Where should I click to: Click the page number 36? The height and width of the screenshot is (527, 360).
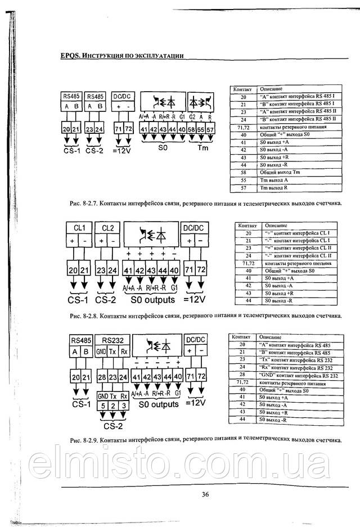click(205, 494)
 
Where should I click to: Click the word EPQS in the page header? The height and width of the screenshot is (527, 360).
click(70, 56)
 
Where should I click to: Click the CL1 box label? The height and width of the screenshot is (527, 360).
click(79, 228)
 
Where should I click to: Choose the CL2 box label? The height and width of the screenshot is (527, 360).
click(107, 228)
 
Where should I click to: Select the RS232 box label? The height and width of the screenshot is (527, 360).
click(113, 340)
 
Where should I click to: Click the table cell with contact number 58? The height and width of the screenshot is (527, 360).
click(243, 172)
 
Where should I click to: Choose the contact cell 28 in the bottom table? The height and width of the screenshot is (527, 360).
click(242, 375)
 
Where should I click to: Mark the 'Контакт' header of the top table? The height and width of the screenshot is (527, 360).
click(242, 89)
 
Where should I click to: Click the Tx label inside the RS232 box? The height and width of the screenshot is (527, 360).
click(113, 352)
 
